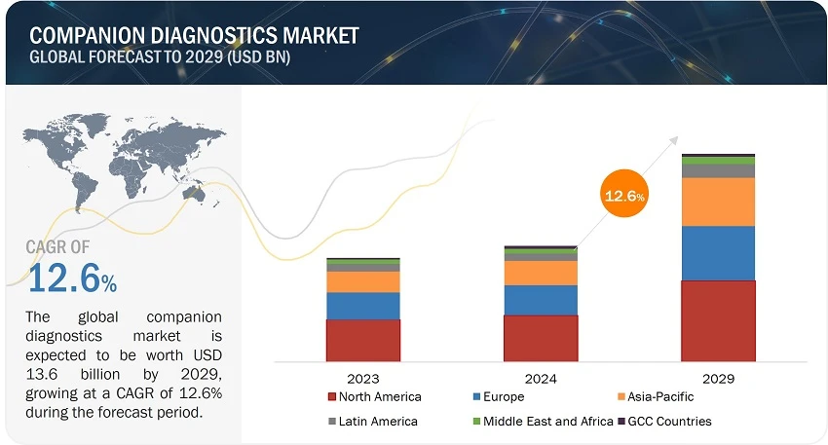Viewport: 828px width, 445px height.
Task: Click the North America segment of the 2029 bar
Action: pyautogui.click(x=718, y=320)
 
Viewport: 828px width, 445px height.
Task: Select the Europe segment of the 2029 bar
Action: pyautogui.click(x=718, y=253)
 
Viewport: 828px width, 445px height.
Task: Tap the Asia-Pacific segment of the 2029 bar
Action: pyautogui.click(x=718, y=202)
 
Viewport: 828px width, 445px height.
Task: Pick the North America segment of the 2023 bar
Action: pyautogui.click(x=362, y=340)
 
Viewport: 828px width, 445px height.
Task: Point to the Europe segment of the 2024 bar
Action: pyautogui.click(x=540, y=300)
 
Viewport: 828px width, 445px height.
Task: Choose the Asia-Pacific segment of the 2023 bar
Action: pyautogui.click(x=362, y=281)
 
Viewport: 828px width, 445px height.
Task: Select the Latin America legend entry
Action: pyautogui.click(x=373, y=422)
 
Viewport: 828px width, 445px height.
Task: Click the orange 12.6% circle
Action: pyautogui.click(x=623, y=196)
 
